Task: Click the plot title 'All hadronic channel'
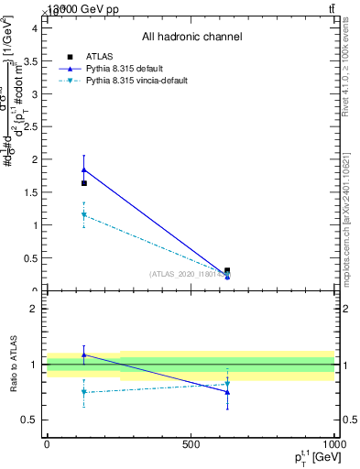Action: pos(191,37)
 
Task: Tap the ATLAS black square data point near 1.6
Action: pos(84,183)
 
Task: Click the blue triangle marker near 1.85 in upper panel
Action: pos(84,169)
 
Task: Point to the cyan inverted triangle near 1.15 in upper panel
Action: pos(84,215)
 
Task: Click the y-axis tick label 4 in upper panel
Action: pos(33,27)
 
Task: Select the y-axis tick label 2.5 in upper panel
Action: pos(29,126)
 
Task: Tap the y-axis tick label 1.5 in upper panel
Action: pos(29,192)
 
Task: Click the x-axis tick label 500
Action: pos(191,443)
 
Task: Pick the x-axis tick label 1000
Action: pos(333,443)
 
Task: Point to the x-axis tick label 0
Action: pos(47,443)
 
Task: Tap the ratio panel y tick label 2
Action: pos(33,309)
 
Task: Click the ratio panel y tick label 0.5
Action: pos(29,420)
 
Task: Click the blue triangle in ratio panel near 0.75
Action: pos(227,391)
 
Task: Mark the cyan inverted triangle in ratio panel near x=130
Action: pos(84,392)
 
